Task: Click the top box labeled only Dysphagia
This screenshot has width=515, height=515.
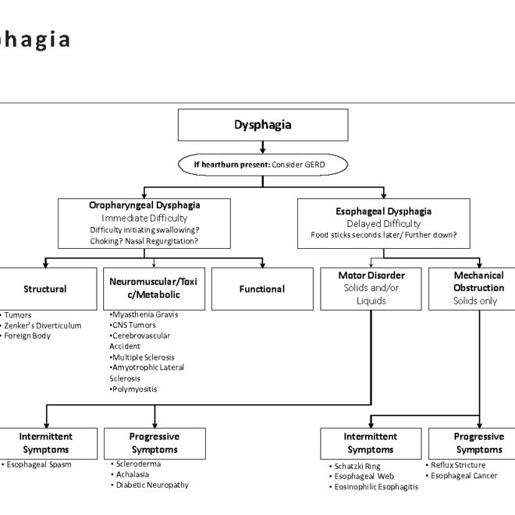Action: tap(262, 125)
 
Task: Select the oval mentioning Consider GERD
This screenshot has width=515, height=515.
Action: tap(262, 165)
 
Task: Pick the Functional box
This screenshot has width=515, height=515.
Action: tap(261, 289)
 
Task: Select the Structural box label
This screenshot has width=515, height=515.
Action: tap(44, 289)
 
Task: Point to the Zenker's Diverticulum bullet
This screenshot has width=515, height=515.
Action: tap(42, 325)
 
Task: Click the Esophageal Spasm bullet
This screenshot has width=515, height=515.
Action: tap(37, 464)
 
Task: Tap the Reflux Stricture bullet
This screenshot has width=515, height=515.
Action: tap(458, 465)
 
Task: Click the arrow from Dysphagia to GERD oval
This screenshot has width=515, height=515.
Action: tap(262, 147)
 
